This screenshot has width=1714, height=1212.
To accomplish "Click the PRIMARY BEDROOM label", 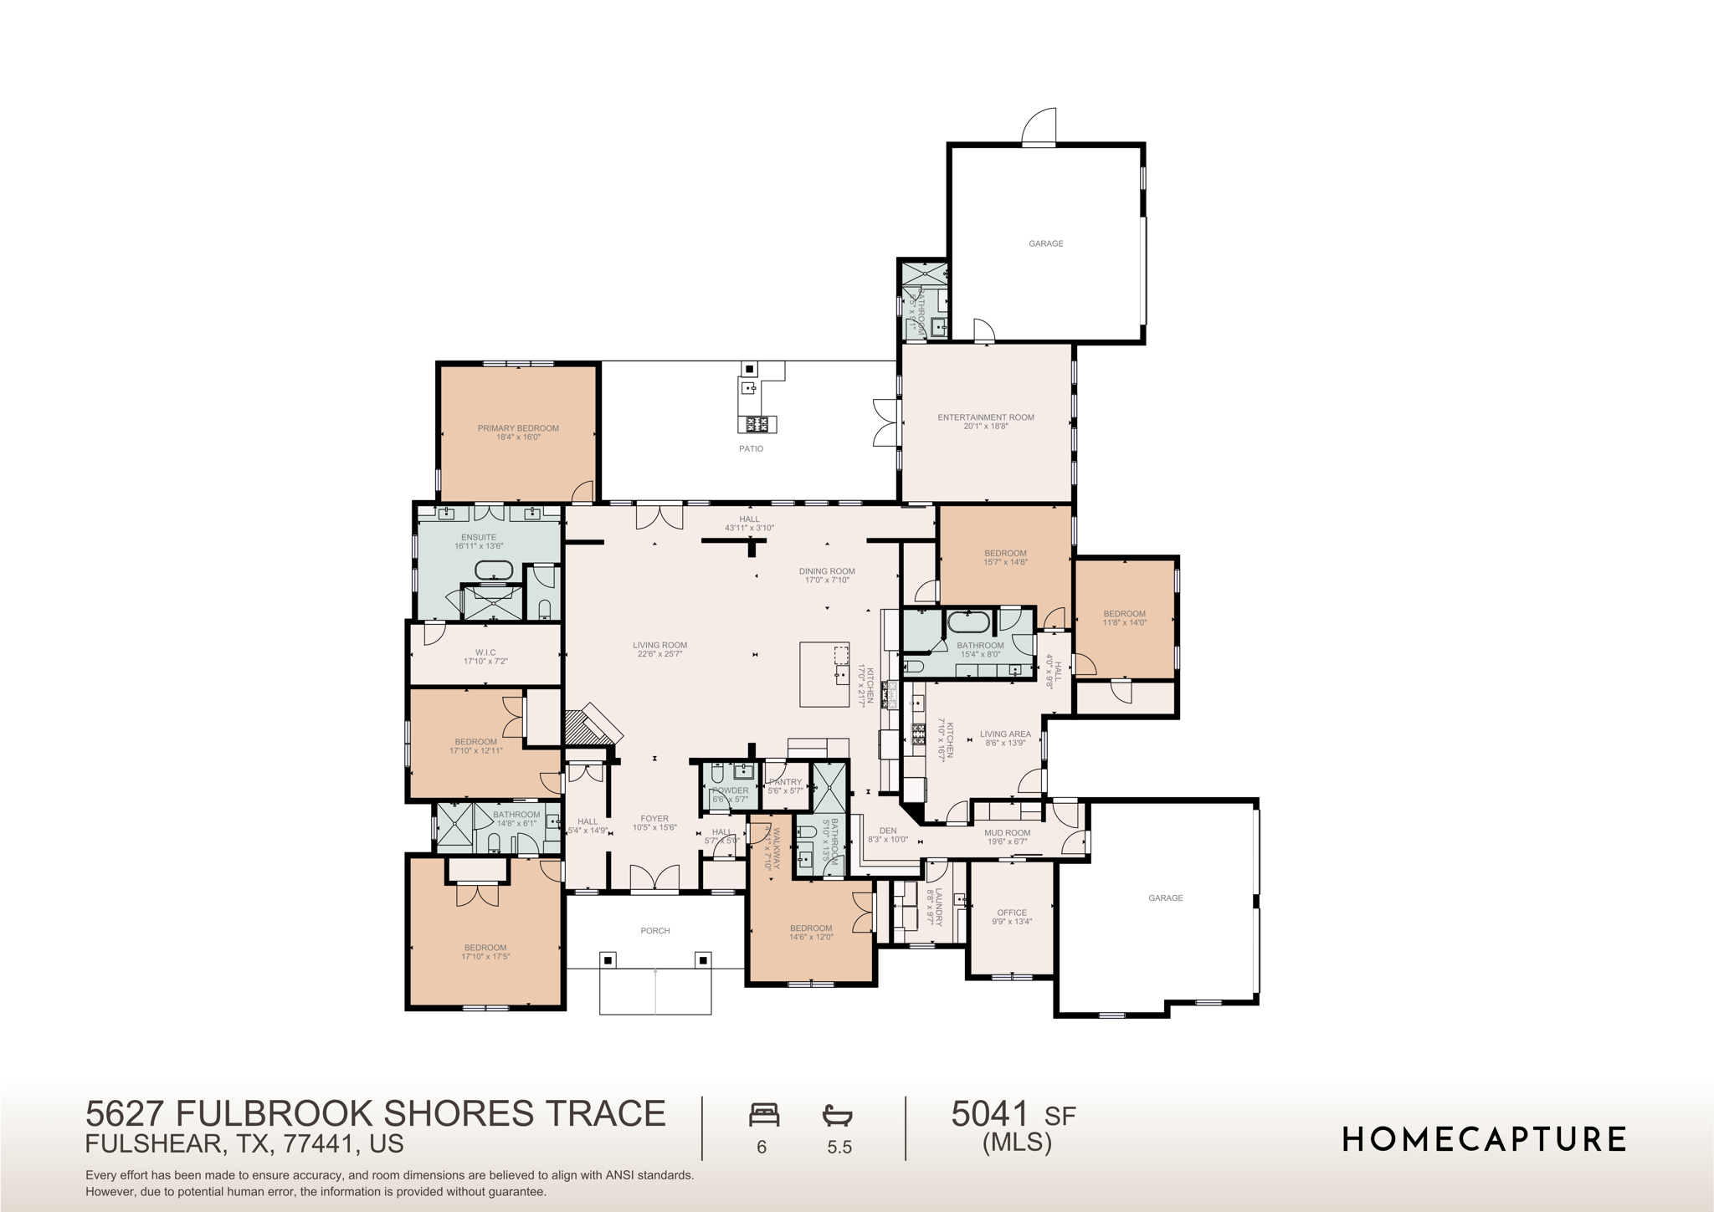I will point(518,428).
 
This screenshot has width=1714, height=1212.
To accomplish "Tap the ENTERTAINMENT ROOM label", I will point(985,417).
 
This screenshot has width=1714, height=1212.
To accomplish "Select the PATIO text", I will point(751,449).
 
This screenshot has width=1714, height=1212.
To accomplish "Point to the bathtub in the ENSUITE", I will point(494,570).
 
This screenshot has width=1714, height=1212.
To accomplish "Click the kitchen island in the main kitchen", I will point(824,674).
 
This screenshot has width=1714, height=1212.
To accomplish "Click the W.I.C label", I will point(485,652).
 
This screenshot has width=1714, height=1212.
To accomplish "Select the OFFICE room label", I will point(1011,913).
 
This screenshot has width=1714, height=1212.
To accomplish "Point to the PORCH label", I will point(654,930).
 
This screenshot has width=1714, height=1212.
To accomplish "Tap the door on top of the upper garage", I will point(1039,128).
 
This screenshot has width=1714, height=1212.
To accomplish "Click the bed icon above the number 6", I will point(763,1115).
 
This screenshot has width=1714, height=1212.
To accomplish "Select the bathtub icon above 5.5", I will point(838,1115).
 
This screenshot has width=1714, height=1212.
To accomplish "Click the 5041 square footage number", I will point(989,1114).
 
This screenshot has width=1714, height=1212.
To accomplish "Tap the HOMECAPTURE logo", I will point(1484,1139).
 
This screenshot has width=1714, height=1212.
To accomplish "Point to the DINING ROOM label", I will point(826,571).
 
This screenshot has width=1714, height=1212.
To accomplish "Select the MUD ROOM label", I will point(1007,832).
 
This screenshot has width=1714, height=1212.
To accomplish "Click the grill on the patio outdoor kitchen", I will point(757,424).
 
